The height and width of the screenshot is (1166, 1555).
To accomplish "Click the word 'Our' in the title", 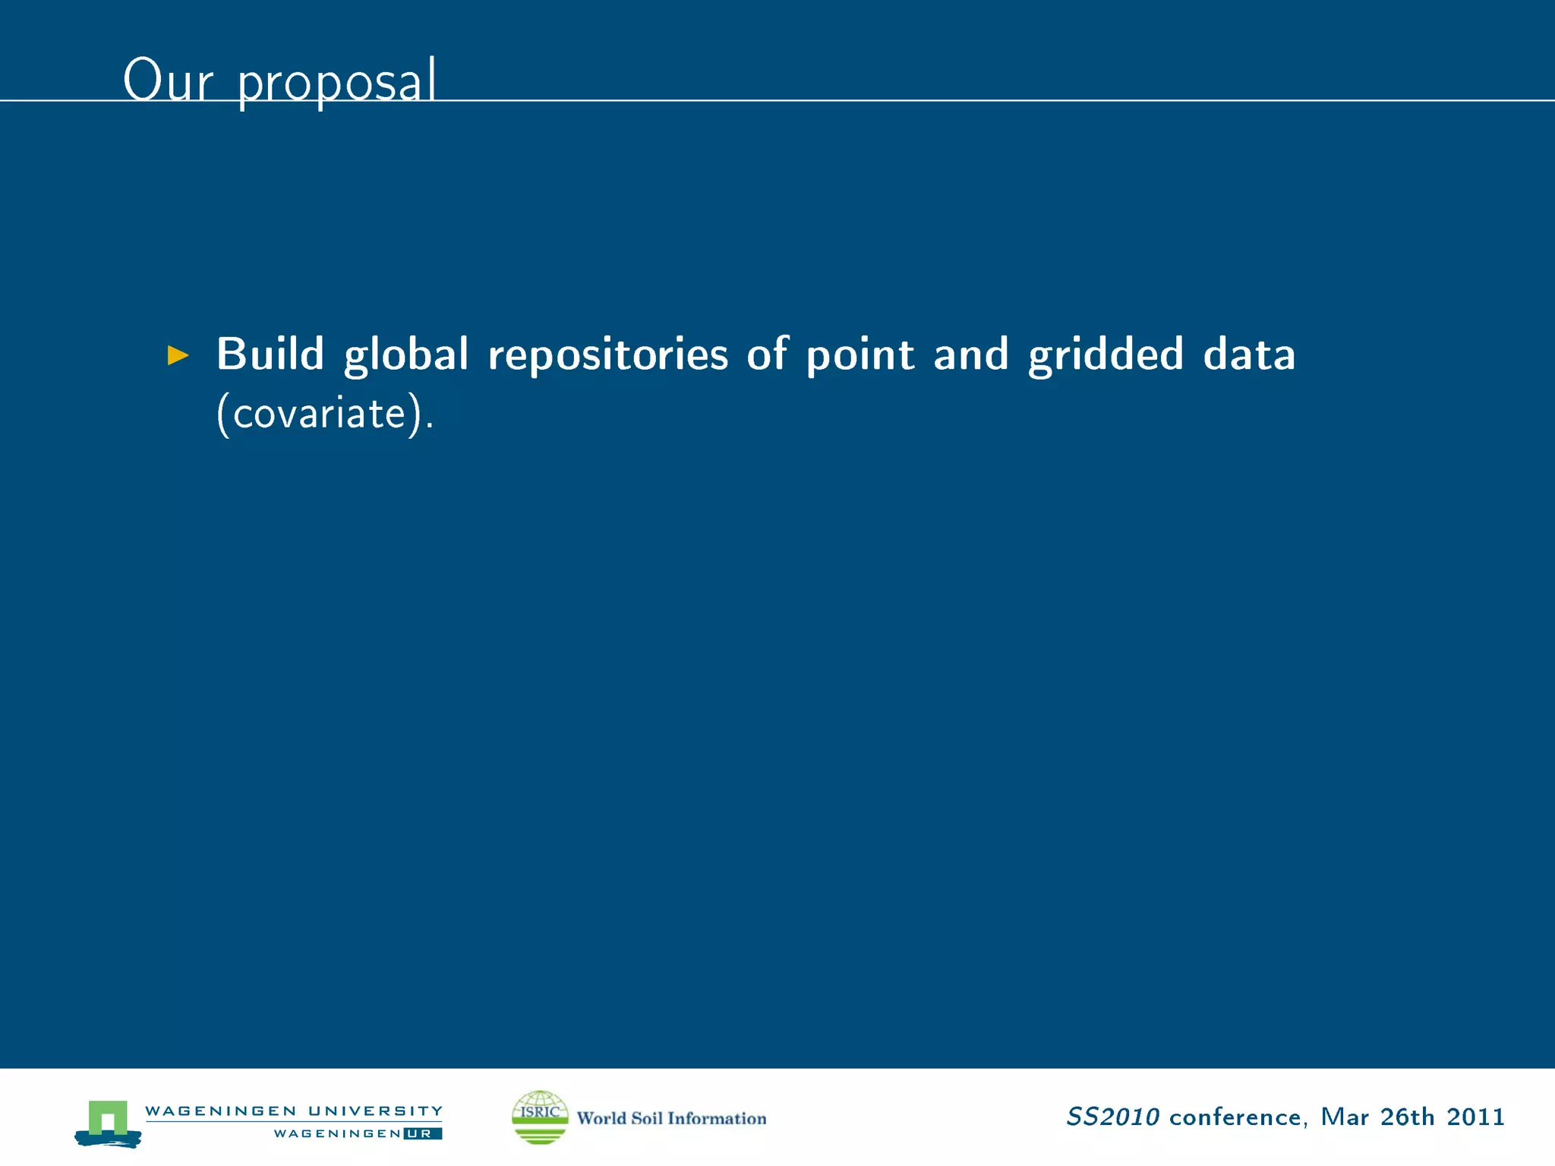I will (168, 80).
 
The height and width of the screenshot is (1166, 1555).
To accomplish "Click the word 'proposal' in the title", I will (337, 82).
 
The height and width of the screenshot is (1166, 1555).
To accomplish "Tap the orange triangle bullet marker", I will (178, 355).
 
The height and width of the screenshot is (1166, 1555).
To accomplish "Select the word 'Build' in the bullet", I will (270, 354).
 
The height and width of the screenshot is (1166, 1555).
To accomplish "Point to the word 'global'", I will (406, 355).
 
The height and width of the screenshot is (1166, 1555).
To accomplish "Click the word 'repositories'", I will (607, 355).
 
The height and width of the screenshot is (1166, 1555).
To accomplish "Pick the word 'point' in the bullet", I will (860, 355).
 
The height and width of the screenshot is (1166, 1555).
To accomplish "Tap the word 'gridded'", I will (1106, 355).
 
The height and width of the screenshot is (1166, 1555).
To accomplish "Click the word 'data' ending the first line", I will (1249, 355).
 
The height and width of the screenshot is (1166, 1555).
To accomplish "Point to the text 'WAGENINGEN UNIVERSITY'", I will (294, 1111).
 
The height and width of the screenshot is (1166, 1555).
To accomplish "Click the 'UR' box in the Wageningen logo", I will (422, 1133).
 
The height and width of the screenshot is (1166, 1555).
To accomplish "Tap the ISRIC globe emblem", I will (540, 1117).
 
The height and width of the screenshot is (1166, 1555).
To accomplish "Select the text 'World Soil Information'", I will (671, 1118).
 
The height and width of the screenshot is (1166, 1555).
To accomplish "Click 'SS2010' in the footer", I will (1112, 1117).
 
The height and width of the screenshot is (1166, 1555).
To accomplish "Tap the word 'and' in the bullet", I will (970, 355).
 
